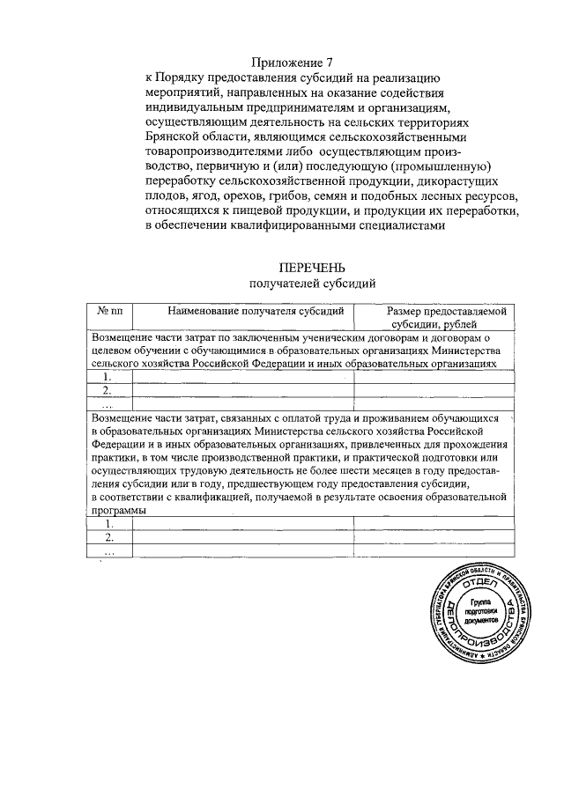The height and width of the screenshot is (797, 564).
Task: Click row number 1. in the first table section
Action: (x=107, y=377)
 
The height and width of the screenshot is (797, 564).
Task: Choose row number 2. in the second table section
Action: (x=109, y=536)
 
